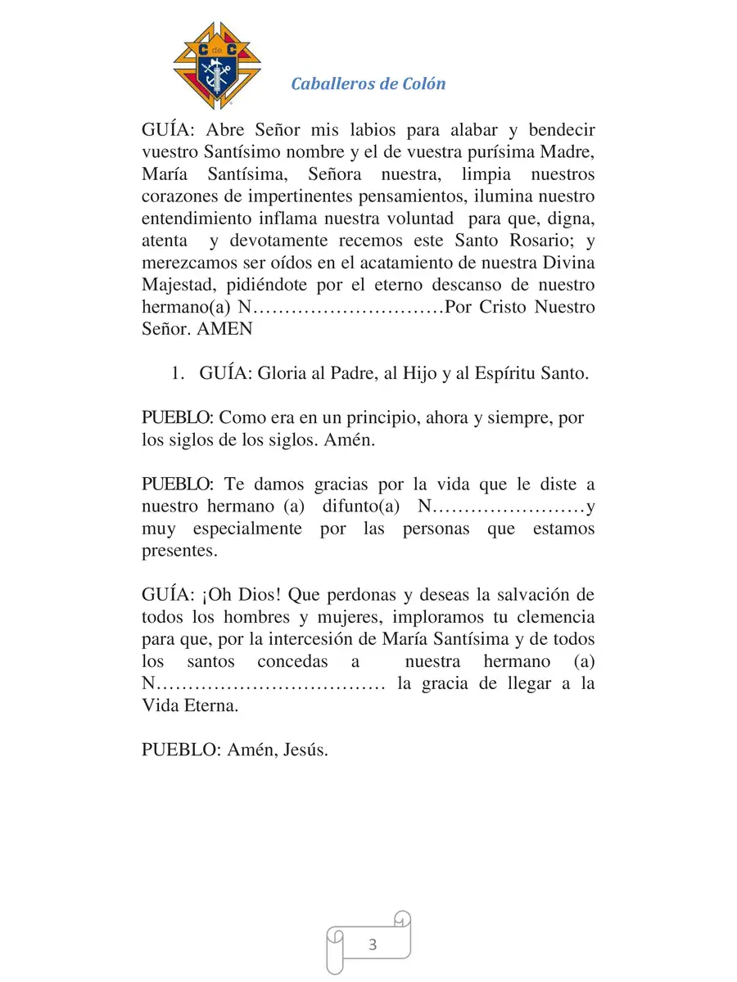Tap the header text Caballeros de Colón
click(x=368, y=83)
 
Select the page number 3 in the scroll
click(x=373, y=945)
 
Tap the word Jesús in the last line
click(x=304, y=750)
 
